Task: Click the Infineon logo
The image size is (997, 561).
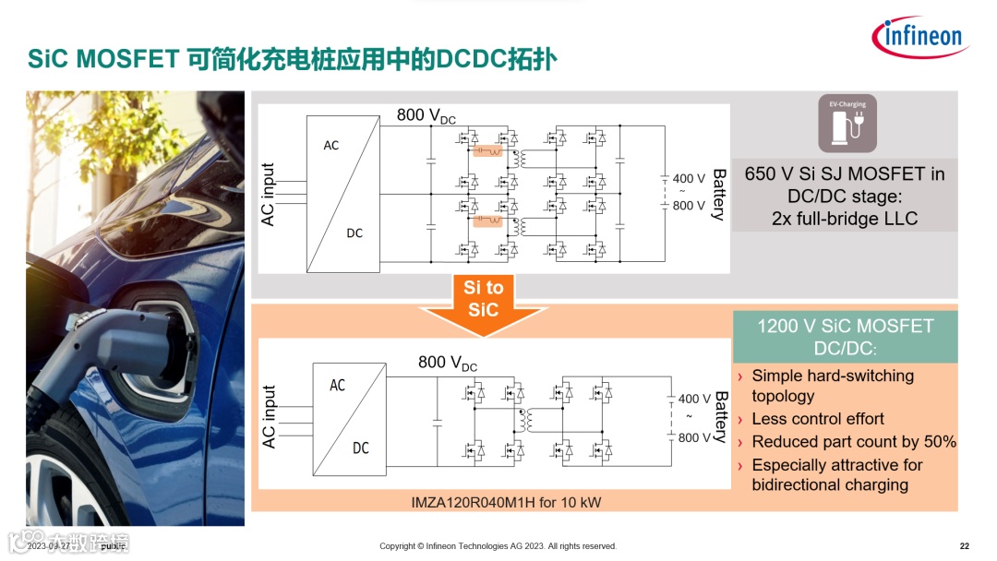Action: coord(919,37)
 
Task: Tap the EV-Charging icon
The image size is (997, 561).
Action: coord(847,123)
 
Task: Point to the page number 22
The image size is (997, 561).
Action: coord(964,546)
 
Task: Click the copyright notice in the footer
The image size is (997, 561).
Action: coord(498,546)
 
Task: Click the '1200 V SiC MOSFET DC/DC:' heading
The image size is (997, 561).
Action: coord(845,337)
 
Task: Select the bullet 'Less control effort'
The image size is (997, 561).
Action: coord(818,419)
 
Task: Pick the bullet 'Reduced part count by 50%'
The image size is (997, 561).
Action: coord(854,442)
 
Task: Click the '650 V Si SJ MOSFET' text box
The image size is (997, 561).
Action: coord(845,197)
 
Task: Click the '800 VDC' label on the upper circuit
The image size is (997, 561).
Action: coord(426,115)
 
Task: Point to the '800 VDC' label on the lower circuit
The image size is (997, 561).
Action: coord(448,363)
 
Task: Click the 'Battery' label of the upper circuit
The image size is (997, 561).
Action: coord(719,195)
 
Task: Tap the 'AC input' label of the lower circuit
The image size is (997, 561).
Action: coord(270,417)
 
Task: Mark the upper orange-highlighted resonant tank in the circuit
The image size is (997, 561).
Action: coord(486,151)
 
